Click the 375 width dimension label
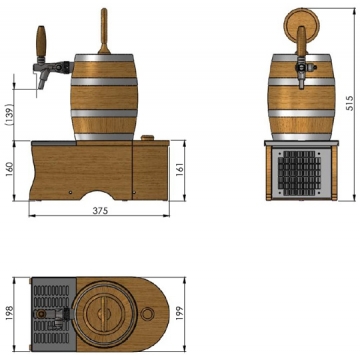[x=100, y=211]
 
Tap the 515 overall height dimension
[x=349, y=103]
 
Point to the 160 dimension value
[x=10, y=169]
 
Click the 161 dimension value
[x=180, y=169]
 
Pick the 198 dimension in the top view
[x=10, y=313]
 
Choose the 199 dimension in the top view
[x=180, y=313]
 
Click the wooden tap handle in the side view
[x=41, y=41]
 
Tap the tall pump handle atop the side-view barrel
[x=104, y=31]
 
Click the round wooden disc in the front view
[x=301, y=25]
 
